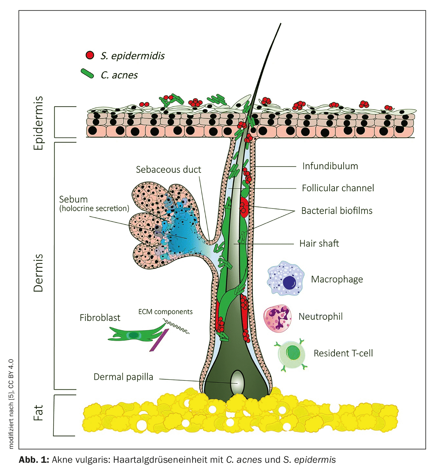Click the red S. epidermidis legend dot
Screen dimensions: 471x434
(x=90, y=55)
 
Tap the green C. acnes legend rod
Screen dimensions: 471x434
(x=87, y=73)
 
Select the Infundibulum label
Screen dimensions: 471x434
(x=330, y=166)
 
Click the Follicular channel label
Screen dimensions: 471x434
(x=338, y=188)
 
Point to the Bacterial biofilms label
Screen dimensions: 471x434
(x=337, y=211)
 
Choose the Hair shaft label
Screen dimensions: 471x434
(x=319, y=243)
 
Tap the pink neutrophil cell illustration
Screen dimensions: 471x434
(x=277, y=318)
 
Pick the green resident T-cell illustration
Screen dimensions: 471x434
(x=291, y=354)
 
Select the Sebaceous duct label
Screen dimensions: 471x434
(x=168, y=170)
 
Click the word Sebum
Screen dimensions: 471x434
(x=73, y=199)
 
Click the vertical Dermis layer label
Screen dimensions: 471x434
(x=38, y=273)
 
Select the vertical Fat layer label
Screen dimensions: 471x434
(x=38, y=413)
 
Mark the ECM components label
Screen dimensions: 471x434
(x=165, y=312)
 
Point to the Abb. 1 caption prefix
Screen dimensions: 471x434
(x=34, y=460)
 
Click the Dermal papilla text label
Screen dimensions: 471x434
(x=123, y=377)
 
